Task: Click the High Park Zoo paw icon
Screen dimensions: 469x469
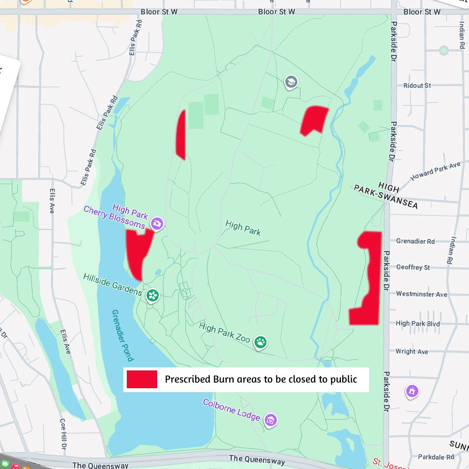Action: pyautogui.click(x=261, y=342)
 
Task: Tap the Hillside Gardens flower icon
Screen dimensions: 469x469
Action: pyautogui.click(x=152, y=296)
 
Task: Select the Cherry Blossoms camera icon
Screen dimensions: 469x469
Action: pyautogui.click(x=157, y=224)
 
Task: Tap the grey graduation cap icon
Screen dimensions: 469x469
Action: pyautogui.click(x=291, y=81)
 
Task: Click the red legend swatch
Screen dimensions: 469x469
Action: pyautogui.click(x=142, y=379)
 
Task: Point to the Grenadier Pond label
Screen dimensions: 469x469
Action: pyautogui.click(x=122, y=335)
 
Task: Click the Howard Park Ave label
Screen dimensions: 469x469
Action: pyautogui.click(x=435, y=171)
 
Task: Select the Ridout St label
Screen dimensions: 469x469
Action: pyautogui.click(x=417, y=86)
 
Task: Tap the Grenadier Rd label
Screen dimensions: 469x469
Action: pyautogui.click(x=415, y=241)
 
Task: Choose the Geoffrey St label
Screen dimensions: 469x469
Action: pyautogui.click(x=413, y=268)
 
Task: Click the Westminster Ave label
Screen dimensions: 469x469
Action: pyautogui.click(x=421, y=294)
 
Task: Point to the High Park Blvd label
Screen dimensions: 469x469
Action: pyautogui.click(x=418, y=323)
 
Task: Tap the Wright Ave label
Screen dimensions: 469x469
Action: pyautogui.click(x=412, y=351)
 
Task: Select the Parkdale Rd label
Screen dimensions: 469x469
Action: pyautogui.click(x=436, y=457)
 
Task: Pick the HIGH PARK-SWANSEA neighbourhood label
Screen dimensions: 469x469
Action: pyautogui.click(x=386, y=195)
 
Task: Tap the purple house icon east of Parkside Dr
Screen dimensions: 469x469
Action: pyautogui.click(x=412, y=391)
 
